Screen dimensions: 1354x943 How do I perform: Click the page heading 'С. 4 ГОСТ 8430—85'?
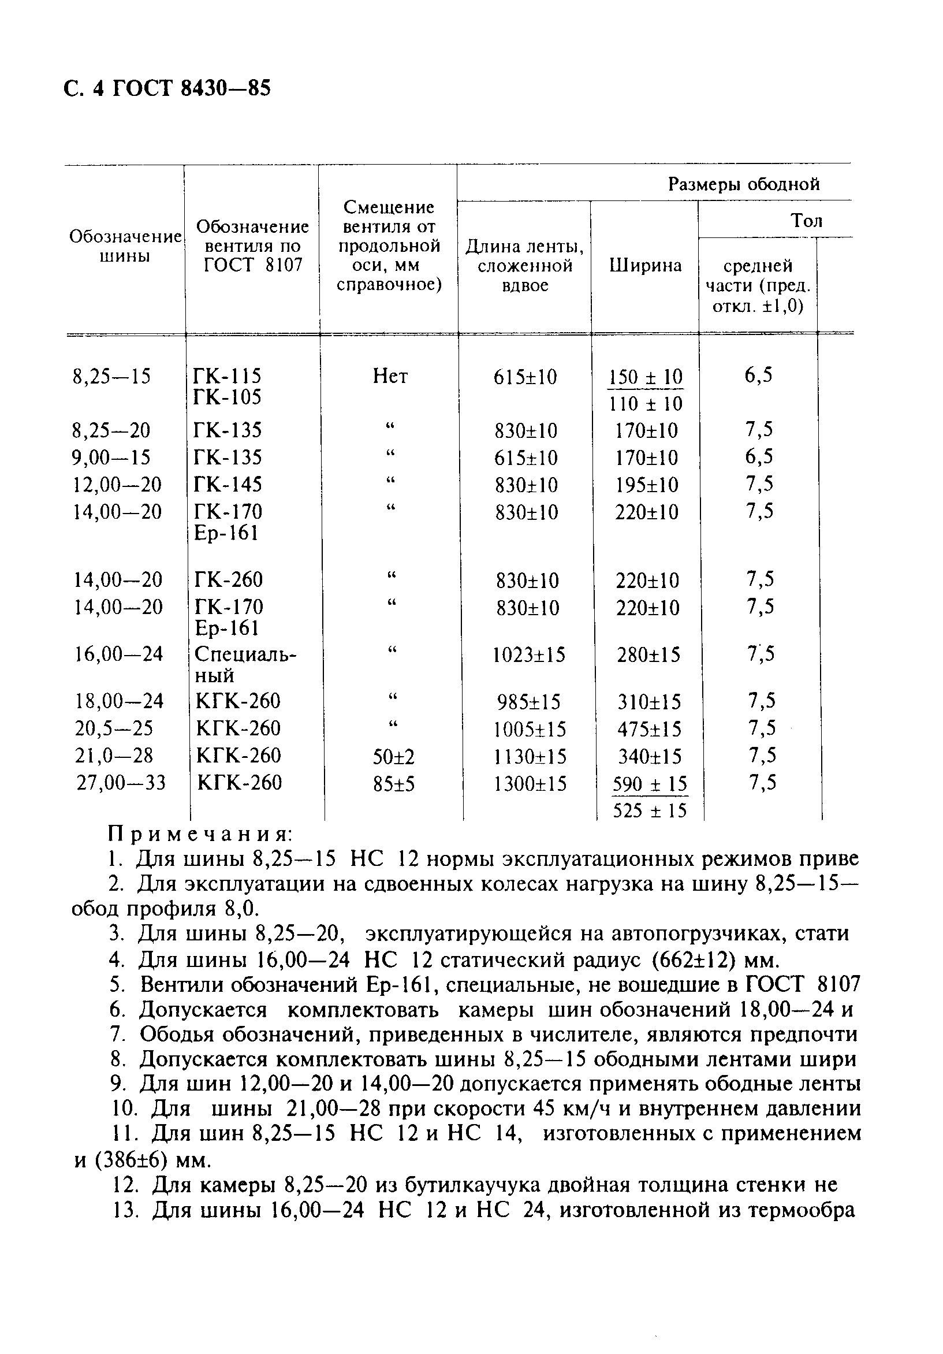(x=167, y=88)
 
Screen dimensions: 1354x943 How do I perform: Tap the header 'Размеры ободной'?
(x=744, y=184)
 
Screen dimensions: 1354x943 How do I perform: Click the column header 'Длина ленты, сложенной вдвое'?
(x=524, y=265)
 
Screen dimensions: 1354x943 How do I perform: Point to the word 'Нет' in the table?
(x=390, y=375)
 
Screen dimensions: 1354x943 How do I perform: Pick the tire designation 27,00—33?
(x=121, y=783)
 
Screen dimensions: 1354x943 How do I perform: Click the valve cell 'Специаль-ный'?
(x=245, y=664)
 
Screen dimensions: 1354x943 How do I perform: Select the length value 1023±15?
(x=529, y=654)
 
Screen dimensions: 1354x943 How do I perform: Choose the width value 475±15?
(x=649, y=730)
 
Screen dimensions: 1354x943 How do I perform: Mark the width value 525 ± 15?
(x=650, y=811)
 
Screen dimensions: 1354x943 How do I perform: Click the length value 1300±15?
(x=530, y=784)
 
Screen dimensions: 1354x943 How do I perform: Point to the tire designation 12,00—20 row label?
(x=117, y=484)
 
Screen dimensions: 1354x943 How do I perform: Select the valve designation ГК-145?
(x=228, y=484)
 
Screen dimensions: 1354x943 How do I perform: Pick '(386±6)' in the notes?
(x=130, y=1160)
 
